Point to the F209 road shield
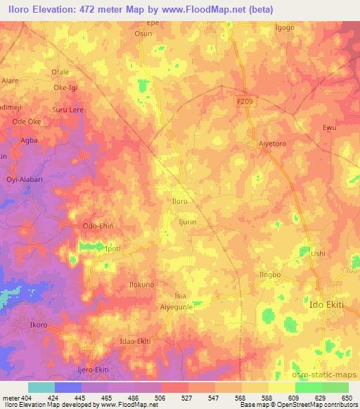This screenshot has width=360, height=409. [243, 102]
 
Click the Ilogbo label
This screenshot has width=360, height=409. [270, 274]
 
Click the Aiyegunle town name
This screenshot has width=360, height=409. [176, 307]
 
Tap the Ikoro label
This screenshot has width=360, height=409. [38, 327]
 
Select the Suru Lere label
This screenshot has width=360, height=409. [68, 110]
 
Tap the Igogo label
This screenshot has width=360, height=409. [285, 28]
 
